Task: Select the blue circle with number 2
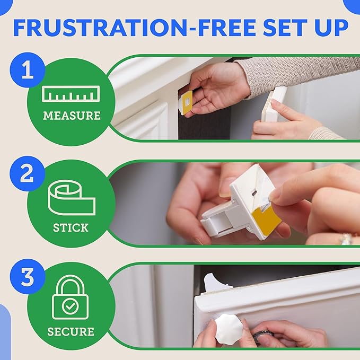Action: pyautogui.click(x=27, y=175)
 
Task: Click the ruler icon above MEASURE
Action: pyautogui.click(x=71, y=94)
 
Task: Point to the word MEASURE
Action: pyautogui.click(x=71, y=115)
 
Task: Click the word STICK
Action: pyautogui.click(x=71, y=228)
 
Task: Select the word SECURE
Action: pyautogui.click(x=71, y=332)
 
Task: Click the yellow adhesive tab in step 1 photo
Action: pyautogui.click(x=187, y=102)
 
